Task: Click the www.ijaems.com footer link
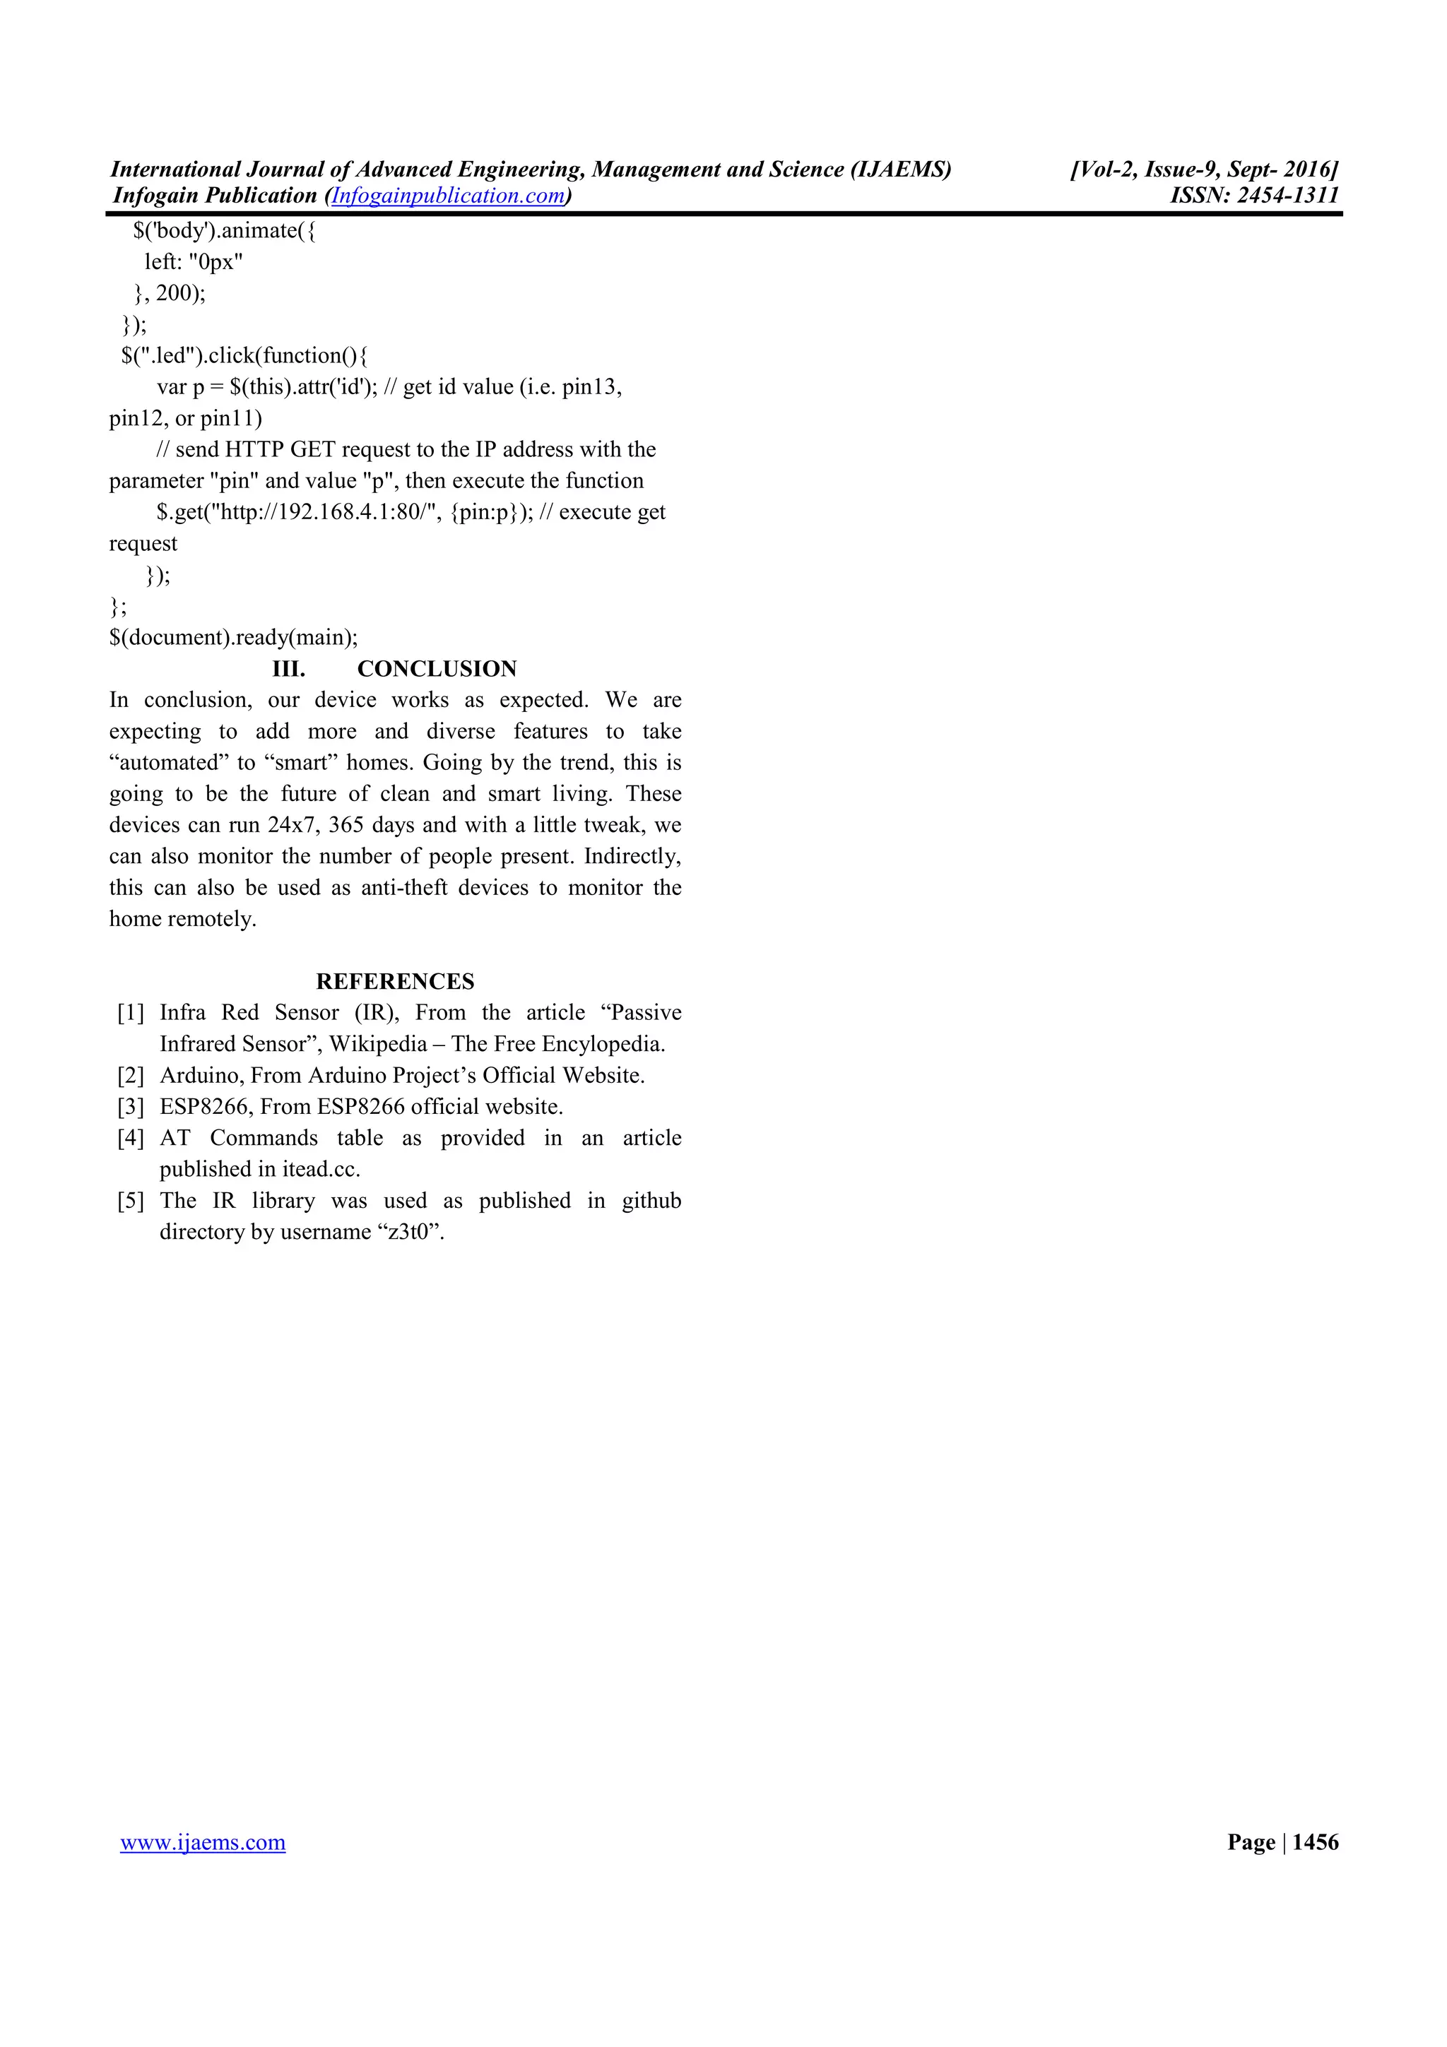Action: (203, 1842)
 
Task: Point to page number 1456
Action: (1315, 1842)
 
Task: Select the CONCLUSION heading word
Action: (437, 669)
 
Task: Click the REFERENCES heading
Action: (395, 982)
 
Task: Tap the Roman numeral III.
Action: (288, 669)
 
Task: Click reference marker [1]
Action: (131, 1013)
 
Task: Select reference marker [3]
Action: (131, 1108)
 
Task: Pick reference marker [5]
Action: (131, 1201)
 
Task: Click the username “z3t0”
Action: (411, 1232)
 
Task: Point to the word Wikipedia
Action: (378, 1044)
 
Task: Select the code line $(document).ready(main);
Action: (234, 637)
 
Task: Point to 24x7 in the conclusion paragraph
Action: (293, 825)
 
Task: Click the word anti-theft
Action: (404, 888)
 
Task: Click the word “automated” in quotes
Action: (167, 763)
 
